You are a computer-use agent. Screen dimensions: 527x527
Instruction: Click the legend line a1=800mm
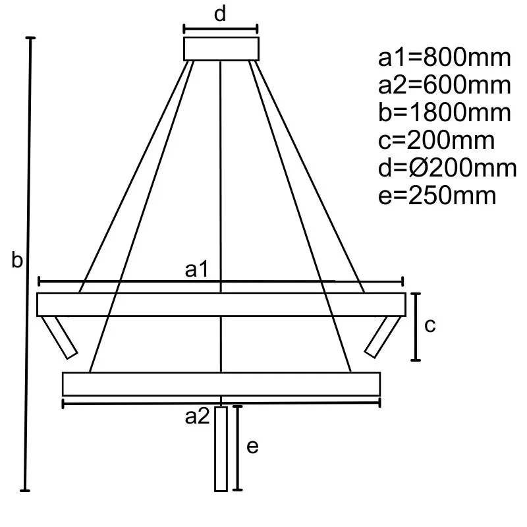(x=445, y=58)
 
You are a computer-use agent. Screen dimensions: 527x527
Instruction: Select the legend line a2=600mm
(x=445, y=86)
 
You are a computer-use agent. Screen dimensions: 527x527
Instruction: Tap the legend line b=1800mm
(x=445, y=113)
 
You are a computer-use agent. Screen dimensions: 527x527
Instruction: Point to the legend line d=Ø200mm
(x=447, y=169)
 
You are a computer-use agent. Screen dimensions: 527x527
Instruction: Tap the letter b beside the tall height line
(x=18, y=261)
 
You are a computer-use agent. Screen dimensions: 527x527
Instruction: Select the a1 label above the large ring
(x=197, y=269)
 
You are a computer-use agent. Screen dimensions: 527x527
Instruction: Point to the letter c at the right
(x=430, y=325)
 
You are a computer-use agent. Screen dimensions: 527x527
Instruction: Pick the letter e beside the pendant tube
(x=252, y=447)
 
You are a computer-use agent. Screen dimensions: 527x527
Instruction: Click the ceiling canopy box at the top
(x=221, y=49)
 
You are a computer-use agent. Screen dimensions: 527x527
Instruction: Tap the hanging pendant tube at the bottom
(x=221, y=449)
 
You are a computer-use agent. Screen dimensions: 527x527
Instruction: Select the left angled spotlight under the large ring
(x=61, y=337)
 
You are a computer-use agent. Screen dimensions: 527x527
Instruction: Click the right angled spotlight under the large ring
(x=380, y=337)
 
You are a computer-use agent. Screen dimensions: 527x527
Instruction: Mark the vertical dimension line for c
(x=416, y=327)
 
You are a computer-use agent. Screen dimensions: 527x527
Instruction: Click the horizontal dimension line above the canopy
(x=220, y=29)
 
